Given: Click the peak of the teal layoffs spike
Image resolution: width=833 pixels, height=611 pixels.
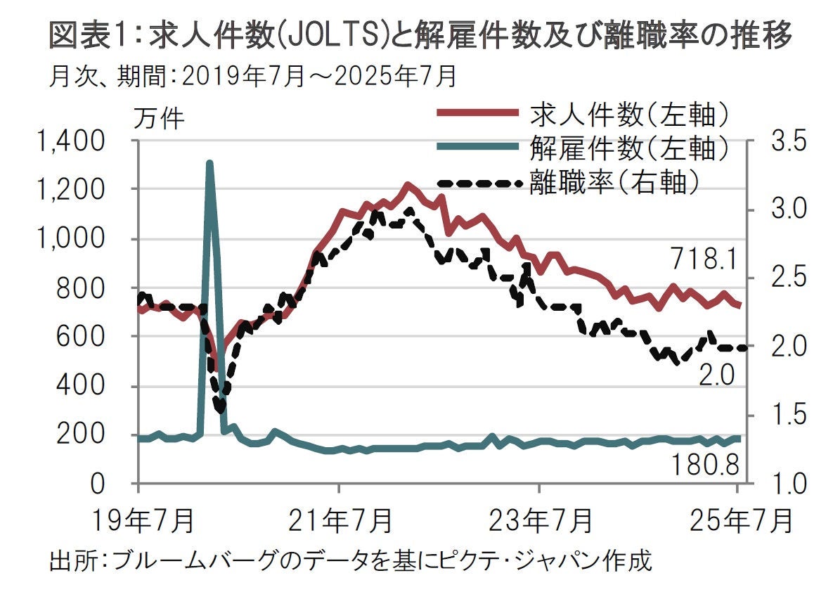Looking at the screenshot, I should click(x=209, y=163).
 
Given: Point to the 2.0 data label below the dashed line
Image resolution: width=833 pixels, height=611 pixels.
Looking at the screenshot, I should click(x=717, y=376).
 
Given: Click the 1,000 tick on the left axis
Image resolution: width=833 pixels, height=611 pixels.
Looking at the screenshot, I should click(x=73, y=240).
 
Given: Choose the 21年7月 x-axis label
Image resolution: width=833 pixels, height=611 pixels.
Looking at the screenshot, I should click(x=341, y=522).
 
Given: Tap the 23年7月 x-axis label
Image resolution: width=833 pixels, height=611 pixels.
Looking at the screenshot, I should click(x=540, y=522).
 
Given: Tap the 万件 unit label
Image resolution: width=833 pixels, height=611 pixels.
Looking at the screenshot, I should click(x=158, y=119).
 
